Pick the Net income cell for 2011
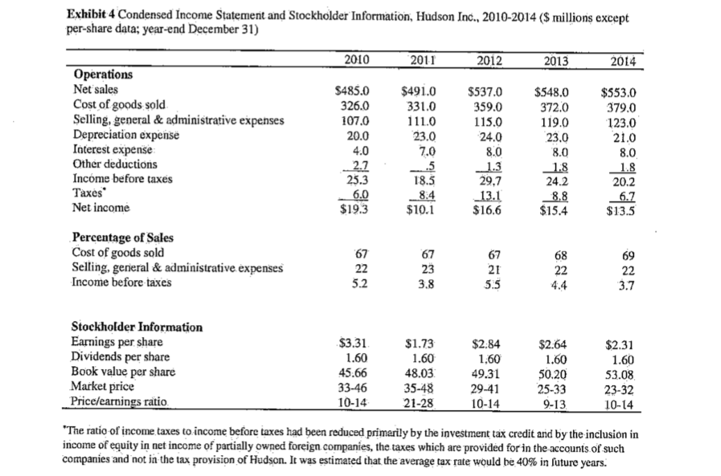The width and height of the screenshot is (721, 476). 420,206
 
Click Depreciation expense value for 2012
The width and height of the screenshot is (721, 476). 489,135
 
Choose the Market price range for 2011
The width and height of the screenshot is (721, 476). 420,388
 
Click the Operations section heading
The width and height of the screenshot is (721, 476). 102,74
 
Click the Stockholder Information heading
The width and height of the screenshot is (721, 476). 137,327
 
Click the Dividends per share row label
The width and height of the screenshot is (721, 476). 118,356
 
